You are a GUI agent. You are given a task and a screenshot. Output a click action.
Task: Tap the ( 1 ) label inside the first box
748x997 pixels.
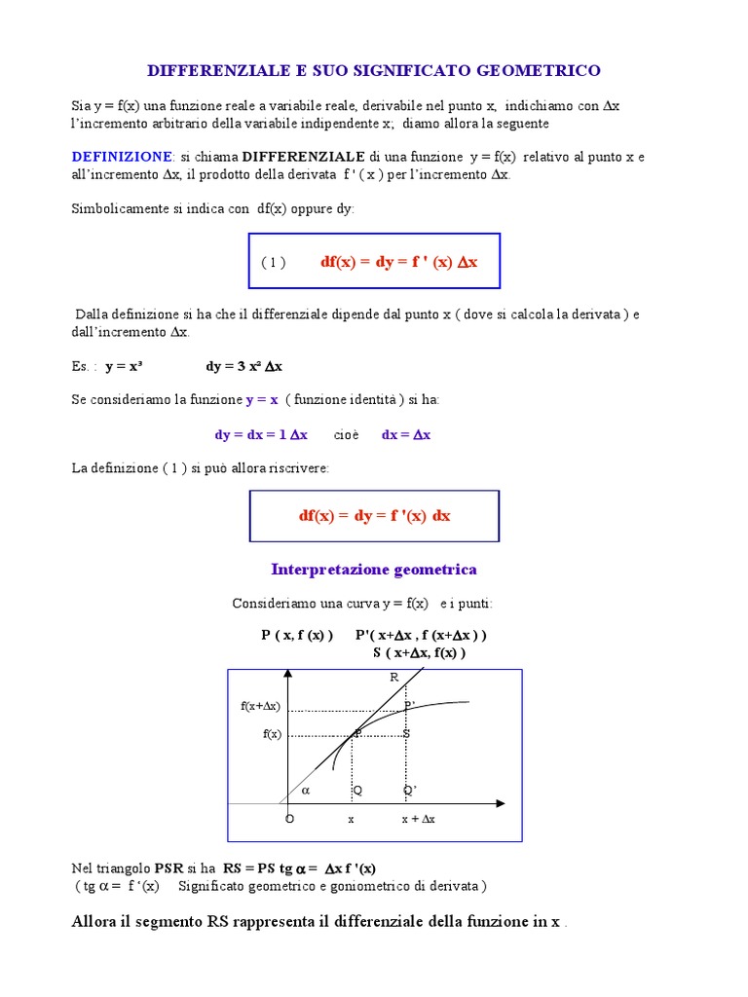pyautogui.click(x=273, y=263)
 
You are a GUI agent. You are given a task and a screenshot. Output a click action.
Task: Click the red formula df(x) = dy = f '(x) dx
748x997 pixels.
pyautogui.click(x=375, y=516)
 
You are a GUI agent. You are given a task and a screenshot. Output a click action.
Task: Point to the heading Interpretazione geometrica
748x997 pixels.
pyautogui.click(x=374, y=570)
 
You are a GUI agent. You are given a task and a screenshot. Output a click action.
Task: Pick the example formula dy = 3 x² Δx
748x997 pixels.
pyautogui.click(x=243, y=366)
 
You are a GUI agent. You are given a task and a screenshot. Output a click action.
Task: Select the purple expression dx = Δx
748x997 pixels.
pyautogui.click(x=406, y=435)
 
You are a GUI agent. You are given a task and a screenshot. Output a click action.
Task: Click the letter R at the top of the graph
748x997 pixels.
pyautogui.click(x=394, y=678)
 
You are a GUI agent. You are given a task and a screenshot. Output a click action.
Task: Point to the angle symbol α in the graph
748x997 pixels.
pyautogui.click(x=305, y=791)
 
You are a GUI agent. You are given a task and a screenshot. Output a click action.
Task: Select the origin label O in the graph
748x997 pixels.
pyautogui.click(x=289, y=820)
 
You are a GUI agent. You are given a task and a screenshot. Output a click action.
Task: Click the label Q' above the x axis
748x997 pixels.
pyautogui.click(x=410, y=791)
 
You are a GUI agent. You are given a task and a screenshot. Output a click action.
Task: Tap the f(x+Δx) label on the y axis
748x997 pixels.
pyautogui.click(x=260, y=706)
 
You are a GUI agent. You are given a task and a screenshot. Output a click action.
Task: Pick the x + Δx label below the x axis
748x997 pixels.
pyautogui.click(x=419, y=820)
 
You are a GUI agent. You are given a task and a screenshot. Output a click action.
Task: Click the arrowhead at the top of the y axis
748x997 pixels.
pyautogui.click(x=288, y=675)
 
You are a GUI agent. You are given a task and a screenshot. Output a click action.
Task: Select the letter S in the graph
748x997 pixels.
pyautogui.click(x=407, y=733)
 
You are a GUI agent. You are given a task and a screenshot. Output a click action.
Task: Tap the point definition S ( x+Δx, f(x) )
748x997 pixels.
pyautogui.click(x=420, y=652)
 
